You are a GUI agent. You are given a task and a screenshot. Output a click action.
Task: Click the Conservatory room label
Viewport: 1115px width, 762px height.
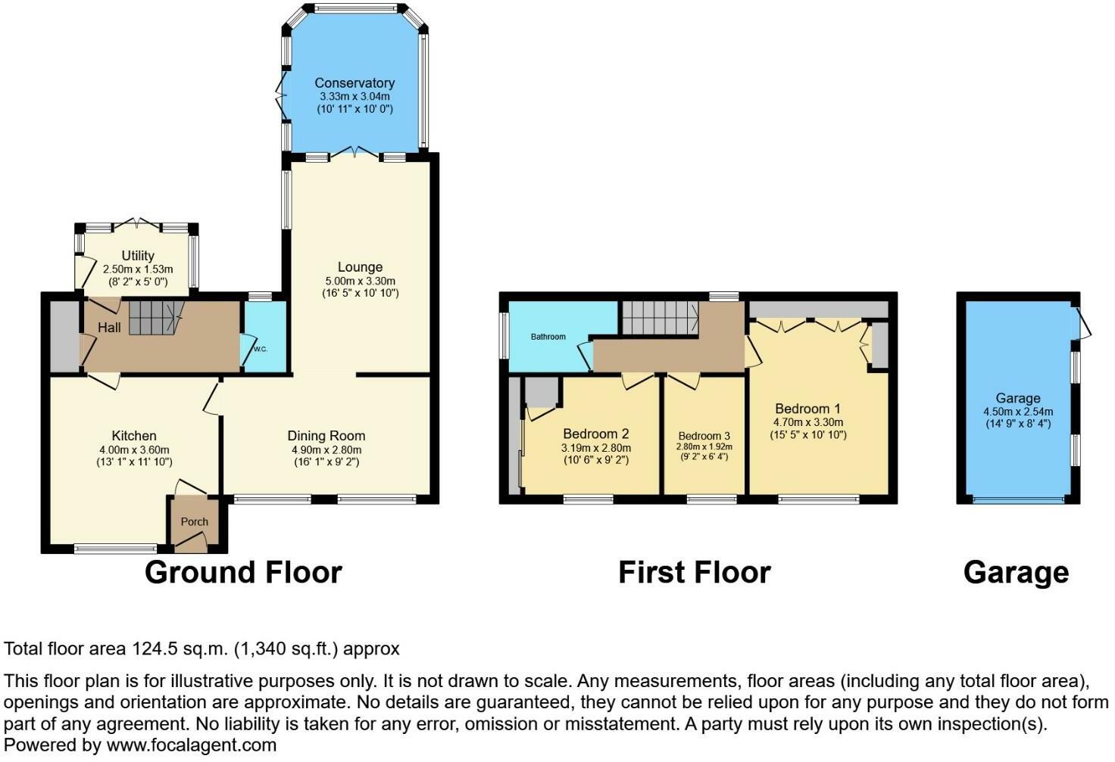point(354,83)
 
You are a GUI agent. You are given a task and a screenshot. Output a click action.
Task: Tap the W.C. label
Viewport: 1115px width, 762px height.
point(260,349)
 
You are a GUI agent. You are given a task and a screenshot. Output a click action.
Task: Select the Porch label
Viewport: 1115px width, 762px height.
point(195,521)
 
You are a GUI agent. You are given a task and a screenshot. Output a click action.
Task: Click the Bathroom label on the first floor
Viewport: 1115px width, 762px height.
point(548,337)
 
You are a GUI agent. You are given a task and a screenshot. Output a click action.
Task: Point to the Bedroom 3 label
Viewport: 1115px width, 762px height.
point(704,436)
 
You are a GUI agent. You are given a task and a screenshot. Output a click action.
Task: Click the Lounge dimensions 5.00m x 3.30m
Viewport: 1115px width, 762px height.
point(360,281)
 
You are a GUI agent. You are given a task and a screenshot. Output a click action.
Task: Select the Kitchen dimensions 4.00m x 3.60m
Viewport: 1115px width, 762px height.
point(134,449)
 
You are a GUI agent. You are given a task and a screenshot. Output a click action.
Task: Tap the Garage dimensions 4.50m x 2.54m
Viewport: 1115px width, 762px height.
point(1018,412)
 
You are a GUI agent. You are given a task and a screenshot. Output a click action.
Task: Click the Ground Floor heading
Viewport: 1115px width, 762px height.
point(243,573)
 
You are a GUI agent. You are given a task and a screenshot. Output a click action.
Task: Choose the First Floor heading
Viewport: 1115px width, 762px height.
point(694,573)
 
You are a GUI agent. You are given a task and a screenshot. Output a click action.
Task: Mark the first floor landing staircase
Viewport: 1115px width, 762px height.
point(659,317)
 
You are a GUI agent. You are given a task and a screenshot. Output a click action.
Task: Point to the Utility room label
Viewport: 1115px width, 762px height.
point(138,256)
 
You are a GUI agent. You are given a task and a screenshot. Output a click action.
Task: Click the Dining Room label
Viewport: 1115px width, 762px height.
point(326,436)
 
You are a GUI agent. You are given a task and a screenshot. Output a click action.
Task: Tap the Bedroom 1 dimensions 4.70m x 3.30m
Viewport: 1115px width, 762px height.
point(808,422)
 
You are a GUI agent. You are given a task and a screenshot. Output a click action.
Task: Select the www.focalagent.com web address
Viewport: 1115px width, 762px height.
point(192,745)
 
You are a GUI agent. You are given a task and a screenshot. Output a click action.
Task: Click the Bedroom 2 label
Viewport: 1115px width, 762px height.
point(596,434)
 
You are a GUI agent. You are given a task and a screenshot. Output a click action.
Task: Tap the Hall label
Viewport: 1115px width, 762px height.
point(109,328)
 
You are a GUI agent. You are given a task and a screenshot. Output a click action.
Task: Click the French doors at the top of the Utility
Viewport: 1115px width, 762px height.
point(138,224)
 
